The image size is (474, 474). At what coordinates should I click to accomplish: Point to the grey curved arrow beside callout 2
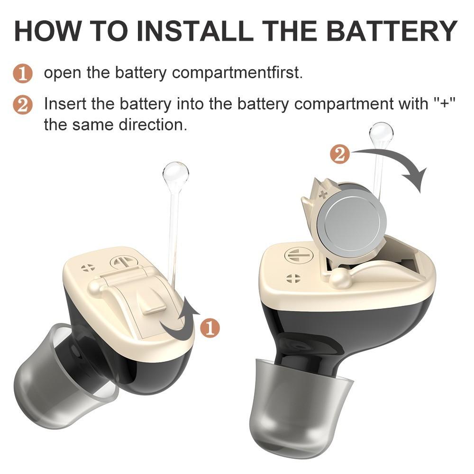[398, 166]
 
